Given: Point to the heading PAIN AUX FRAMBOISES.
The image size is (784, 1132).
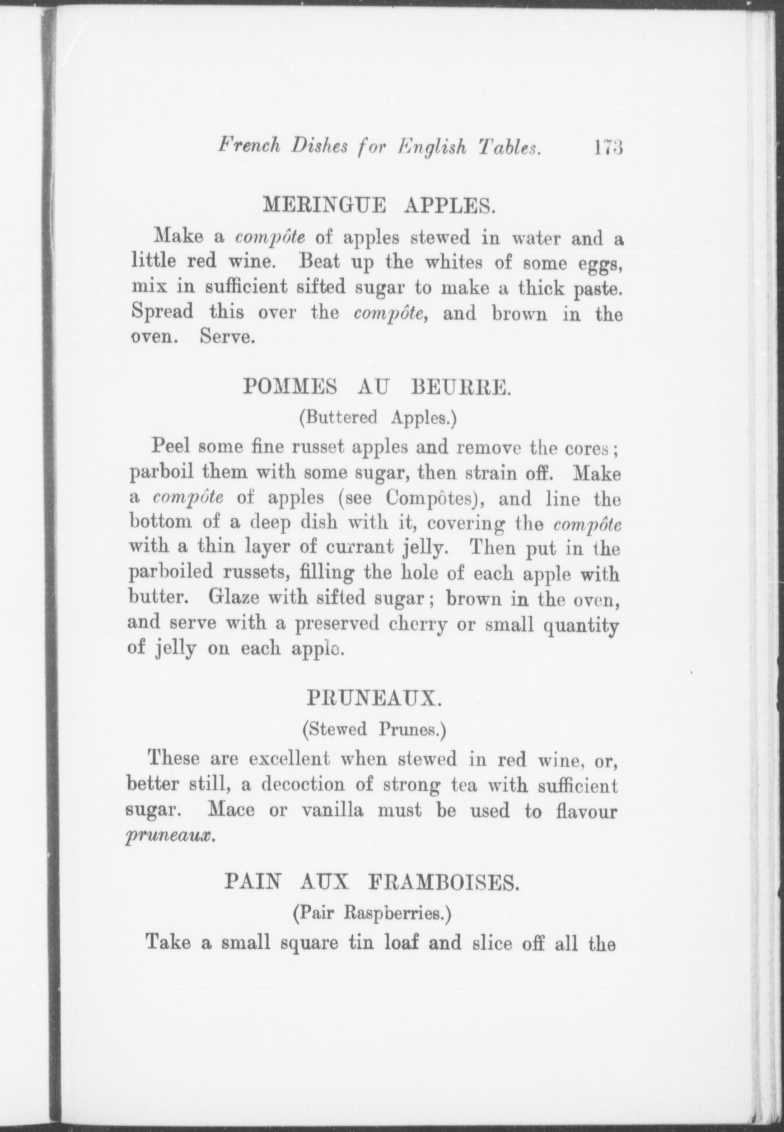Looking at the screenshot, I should [371, 883].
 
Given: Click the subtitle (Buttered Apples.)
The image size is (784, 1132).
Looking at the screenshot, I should [378, 418].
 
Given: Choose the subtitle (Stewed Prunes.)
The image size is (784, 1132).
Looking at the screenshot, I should [374, 729].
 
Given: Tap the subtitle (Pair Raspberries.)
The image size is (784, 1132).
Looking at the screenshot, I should [372, 913].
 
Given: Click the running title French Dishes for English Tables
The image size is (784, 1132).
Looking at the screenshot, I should [380, 147].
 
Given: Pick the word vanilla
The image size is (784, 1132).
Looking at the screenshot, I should [332, 810].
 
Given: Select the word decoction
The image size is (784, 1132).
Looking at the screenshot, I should [303, 785].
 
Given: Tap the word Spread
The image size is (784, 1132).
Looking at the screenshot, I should [162, 313].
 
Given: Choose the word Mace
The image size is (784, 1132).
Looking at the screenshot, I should [231, 810].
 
